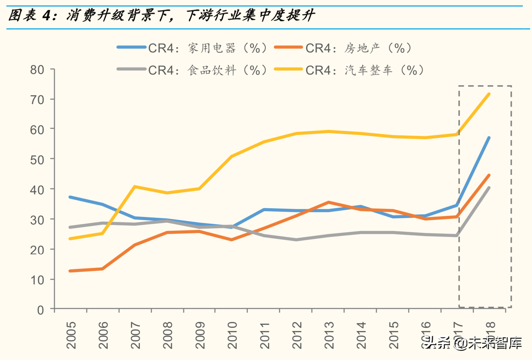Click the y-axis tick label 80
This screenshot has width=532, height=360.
tap(37, 70)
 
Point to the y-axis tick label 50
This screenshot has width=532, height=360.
tap(37, 160)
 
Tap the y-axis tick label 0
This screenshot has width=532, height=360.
tap(40, 310)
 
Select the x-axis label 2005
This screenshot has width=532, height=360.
tap(71, 335)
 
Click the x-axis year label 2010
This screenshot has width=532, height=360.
tap(232, 335)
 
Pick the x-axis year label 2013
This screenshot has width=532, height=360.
tap(329, 335)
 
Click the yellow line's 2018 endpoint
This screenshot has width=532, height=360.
tap(489, 94)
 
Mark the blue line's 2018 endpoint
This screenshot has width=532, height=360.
tap(489, 138)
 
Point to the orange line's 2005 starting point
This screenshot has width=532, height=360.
tap(70, 271)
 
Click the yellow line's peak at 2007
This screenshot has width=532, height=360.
tap(135, 186)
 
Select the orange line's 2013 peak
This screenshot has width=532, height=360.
tap(329, 202)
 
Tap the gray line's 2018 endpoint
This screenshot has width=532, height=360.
tap(489, 188)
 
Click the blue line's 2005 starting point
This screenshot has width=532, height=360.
tap(70, 197)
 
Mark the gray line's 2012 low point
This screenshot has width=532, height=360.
tap(296, 240)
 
